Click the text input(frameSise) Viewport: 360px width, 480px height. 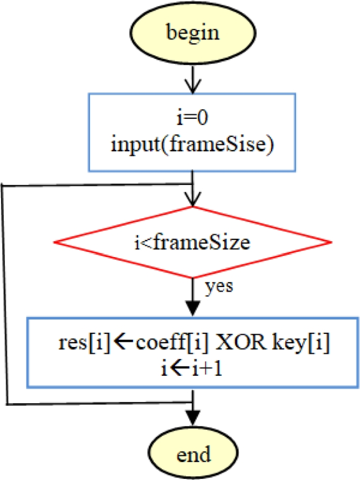click(192, 145)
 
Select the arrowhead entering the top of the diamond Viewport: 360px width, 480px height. click(193, 200)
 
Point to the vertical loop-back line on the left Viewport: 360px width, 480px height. click(4, 294)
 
